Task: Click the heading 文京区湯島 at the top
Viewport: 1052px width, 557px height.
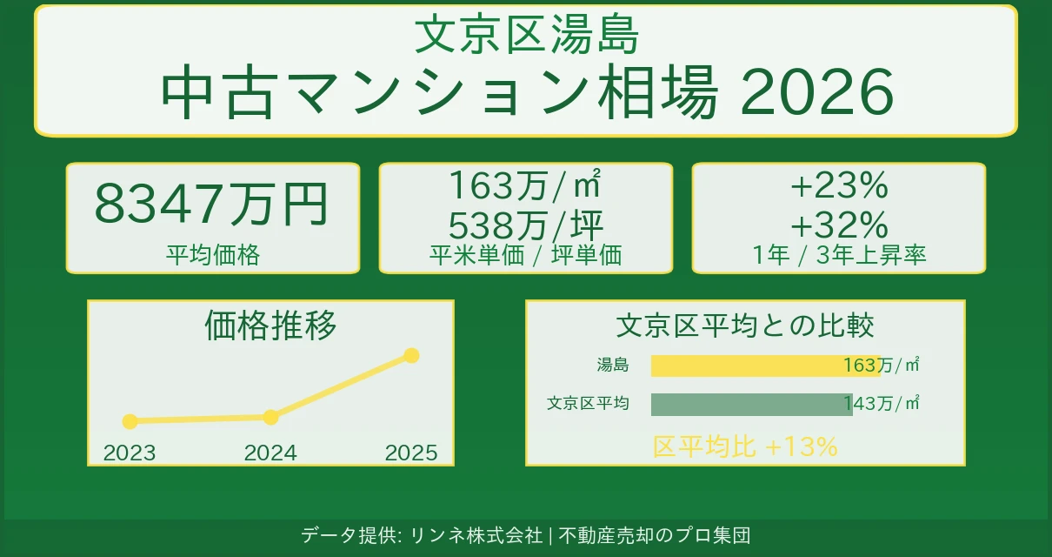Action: (526, 36)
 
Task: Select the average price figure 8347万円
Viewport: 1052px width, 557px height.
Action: (211, 205)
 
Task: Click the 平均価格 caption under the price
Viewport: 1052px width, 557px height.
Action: (213, 254)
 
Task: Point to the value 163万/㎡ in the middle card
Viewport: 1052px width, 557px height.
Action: (525, 185)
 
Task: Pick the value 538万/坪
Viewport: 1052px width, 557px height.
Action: (525, 225)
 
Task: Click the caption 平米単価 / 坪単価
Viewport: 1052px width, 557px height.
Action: (525, 255)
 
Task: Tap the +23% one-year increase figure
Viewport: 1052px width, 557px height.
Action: (838, 185)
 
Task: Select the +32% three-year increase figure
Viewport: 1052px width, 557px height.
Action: (838, 225)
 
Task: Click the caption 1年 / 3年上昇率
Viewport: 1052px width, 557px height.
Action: (838, 255)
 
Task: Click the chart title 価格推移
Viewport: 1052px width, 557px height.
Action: (270, 325)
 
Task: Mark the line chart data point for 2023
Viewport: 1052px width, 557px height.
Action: (130, 421)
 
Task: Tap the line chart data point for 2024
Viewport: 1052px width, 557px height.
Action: (270, 417)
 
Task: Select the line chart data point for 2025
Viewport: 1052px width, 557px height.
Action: (412, 355)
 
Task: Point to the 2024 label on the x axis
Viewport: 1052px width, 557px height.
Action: (270, 453)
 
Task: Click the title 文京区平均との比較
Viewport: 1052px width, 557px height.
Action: (744, 325)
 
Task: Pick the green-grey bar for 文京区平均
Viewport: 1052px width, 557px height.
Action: (751, 404)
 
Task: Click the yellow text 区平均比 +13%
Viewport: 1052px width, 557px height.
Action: (745, 446)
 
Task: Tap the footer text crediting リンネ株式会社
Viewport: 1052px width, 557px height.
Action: (525, 535)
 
